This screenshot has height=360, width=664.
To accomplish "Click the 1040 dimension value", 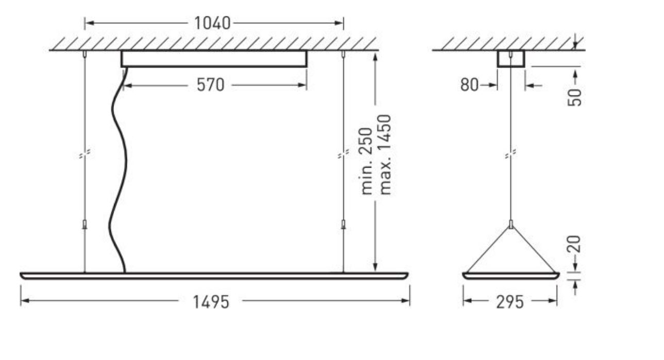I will pos(212,23).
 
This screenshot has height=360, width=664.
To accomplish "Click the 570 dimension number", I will pos(210,85).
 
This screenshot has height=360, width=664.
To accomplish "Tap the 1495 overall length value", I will pos(211,302).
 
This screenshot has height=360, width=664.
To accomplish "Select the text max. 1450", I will pos(385,155).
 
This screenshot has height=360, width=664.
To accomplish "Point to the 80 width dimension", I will pos(469,85).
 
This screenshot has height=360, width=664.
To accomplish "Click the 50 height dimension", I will pos(575,97).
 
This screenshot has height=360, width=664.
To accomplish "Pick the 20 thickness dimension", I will pos(576,244).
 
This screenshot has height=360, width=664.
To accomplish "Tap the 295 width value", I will pos(509,302).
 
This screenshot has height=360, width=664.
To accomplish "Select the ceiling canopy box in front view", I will pos(214,59).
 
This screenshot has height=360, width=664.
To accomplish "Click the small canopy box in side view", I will pos(511,59).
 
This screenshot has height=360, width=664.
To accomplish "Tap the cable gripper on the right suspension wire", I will pos(343,224).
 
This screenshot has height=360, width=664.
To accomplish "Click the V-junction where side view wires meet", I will pos(511,225).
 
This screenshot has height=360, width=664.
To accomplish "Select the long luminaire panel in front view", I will pos(214,275).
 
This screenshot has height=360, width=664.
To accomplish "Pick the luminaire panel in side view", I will pos(510,275).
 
